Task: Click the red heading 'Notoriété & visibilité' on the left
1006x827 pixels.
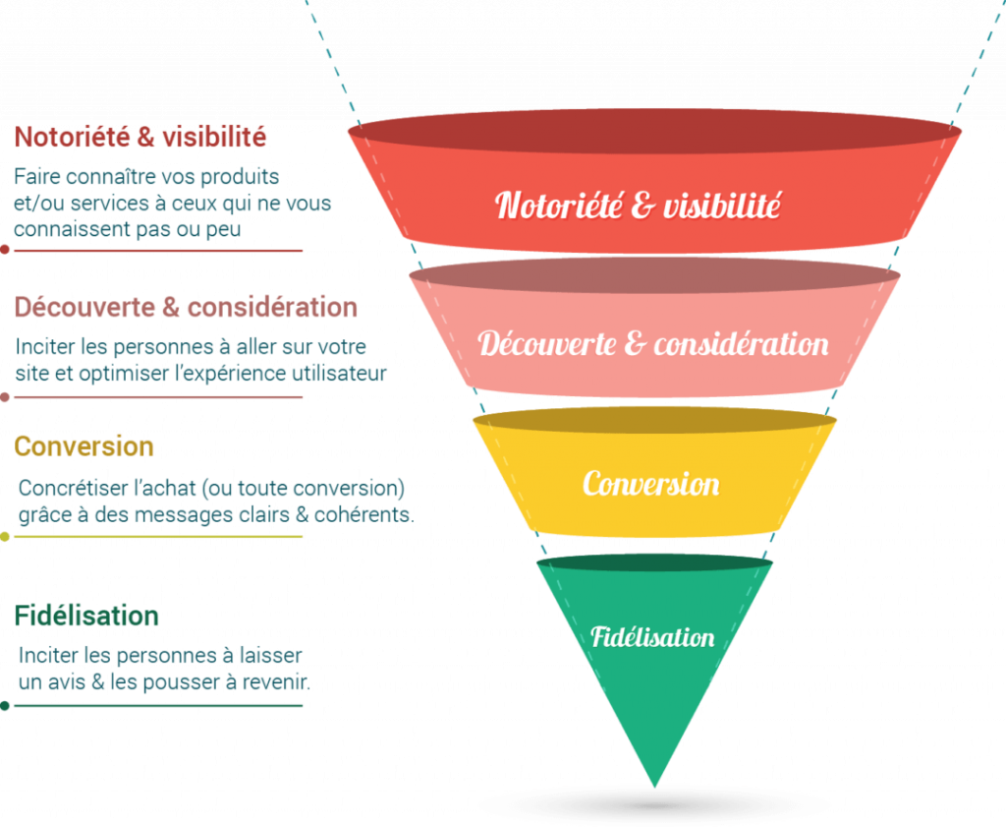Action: coord(140,137)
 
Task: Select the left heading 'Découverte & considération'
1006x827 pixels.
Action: coord(186,307)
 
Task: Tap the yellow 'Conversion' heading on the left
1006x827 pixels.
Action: coord(84,446)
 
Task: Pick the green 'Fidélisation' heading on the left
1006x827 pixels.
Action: coord(86,617)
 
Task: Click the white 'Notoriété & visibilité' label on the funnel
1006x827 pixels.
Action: coord(639,206)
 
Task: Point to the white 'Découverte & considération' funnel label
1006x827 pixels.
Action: coord(653,344)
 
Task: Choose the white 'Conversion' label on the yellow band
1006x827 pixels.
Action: coord(650,484)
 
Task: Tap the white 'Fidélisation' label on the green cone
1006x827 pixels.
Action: coord(652,636)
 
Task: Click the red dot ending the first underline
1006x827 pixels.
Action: coord(6,250)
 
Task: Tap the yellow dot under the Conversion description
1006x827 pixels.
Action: coord(6,537)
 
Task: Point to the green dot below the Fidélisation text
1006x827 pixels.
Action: coord(6,705)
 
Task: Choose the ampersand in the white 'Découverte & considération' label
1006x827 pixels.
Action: coord(635,344)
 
